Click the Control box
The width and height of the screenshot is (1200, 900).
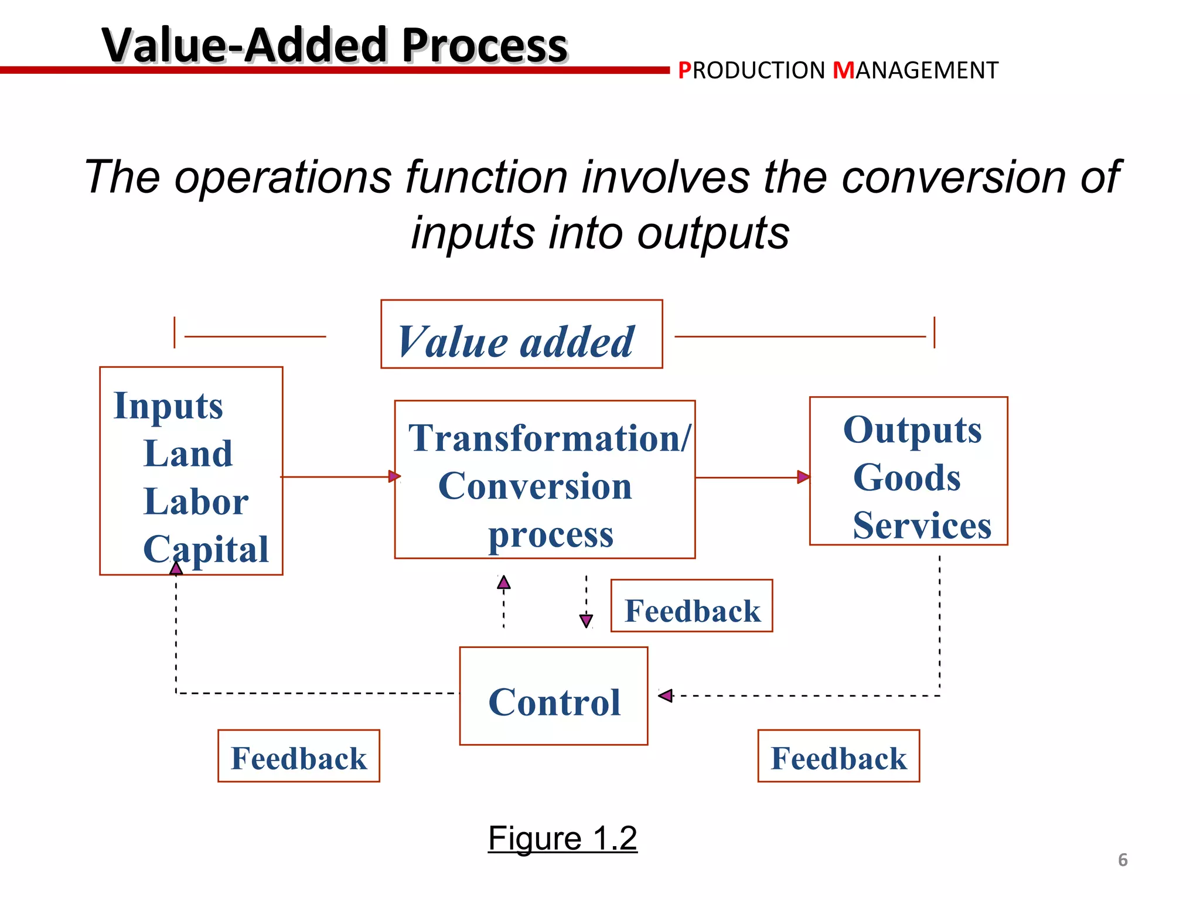[x=554, y=696]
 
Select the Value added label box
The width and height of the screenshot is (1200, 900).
[x=521, y=335]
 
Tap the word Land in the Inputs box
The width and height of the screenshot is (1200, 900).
[x=188, y=454]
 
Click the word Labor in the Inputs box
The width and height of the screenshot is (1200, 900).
[x=196, y=502]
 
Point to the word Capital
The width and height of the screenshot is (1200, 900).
[x=206, y=550]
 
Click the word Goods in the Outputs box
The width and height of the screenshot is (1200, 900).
[x=906, y=478]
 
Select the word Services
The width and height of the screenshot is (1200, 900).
[x=922, y=526]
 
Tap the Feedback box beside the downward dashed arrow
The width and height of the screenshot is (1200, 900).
[x=691, y=606]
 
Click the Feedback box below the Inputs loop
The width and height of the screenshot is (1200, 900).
[x=299, y=756]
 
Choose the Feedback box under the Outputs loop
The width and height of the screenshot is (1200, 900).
[x=838, y=756]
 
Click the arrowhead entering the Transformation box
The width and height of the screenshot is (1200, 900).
[x=395, y=476]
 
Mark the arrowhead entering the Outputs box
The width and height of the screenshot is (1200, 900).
[x=804, y=477]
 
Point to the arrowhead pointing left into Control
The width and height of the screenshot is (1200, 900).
[x=666, y=696]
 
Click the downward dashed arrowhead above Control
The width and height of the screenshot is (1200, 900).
[x=586, y=621]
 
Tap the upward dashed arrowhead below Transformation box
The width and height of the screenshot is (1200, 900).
[x=504, y=582]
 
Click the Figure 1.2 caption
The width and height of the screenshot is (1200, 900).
[x=562, y=838]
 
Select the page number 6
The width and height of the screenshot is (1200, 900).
[x=1123, y=860]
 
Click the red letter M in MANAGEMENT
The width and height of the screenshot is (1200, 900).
[x=844, y=71]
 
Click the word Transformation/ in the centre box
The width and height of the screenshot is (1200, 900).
[x=550, y=438]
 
